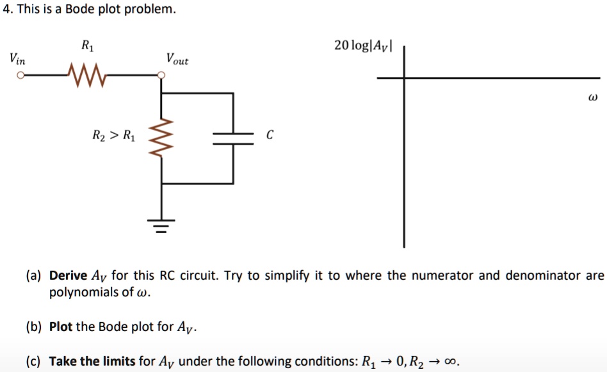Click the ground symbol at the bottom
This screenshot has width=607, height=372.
162,225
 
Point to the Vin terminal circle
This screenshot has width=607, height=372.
20,76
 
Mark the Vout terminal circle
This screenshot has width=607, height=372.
162,76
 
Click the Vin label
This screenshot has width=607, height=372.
17,58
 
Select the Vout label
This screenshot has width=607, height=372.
177,59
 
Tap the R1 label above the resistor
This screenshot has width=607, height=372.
86,45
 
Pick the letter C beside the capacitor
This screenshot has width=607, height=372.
270,135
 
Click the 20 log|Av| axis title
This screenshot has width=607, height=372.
364,45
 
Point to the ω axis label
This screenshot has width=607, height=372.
592,99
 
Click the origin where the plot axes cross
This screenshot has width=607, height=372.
403,77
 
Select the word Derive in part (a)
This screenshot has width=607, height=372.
68,276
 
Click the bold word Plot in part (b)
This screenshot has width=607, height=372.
61,327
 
